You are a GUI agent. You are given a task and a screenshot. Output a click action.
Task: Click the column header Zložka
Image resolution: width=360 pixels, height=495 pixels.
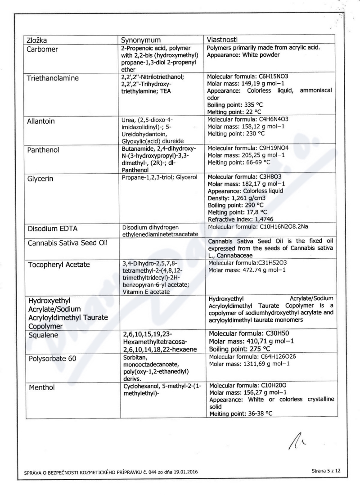tap(40, 39)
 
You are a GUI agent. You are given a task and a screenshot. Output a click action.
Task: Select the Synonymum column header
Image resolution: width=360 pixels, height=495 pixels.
tap(144, 39)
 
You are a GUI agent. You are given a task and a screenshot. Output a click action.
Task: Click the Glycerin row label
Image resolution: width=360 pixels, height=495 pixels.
tap(40, 179)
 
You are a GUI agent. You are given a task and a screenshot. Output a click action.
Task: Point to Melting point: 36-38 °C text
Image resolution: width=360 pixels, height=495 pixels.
tap(241, 413)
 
